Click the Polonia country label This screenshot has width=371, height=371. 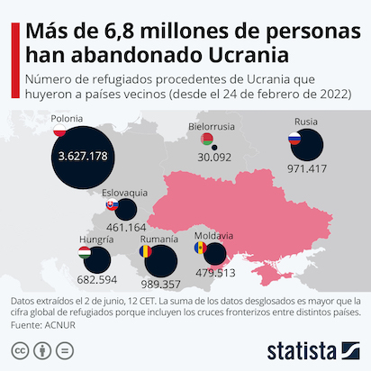(67, 119)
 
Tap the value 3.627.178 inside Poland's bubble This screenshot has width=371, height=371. (83, 156)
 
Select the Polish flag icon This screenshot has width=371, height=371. (59, 131)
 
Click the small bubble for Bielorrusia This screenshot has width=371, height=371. (214, 148)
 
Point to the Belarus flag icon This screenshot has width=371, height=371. (207, 139)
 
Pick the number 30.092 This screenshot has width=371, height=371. (214, 158)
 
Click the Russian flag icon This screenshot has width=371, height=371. (294, 139)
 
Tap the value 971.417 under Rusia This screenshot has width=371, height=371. (307, 168)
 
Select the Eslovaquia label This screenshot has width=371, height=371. (124, 193)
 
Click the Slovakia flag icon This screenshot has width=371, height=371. (113, 204)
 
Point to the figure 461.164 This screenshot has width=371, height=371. (126, 227)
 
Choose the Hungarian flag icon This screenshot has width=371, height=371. (85, 253)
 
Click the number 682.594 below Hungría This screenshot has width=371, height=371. (97, 280)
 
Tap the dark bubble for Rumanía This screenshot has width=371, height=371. (161, 261)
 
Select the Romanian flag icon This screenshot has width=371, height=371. (146, 251)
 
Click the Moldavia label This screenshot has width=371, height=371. (213, 236)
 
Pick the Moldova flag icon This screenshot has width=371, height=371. (201, 248)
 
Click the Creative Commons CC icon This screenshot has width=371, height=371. (20, 350)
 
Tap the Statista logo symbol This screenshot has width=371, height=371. (351, 350)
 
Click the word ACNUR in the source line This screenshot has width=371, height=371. (60, 325)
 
